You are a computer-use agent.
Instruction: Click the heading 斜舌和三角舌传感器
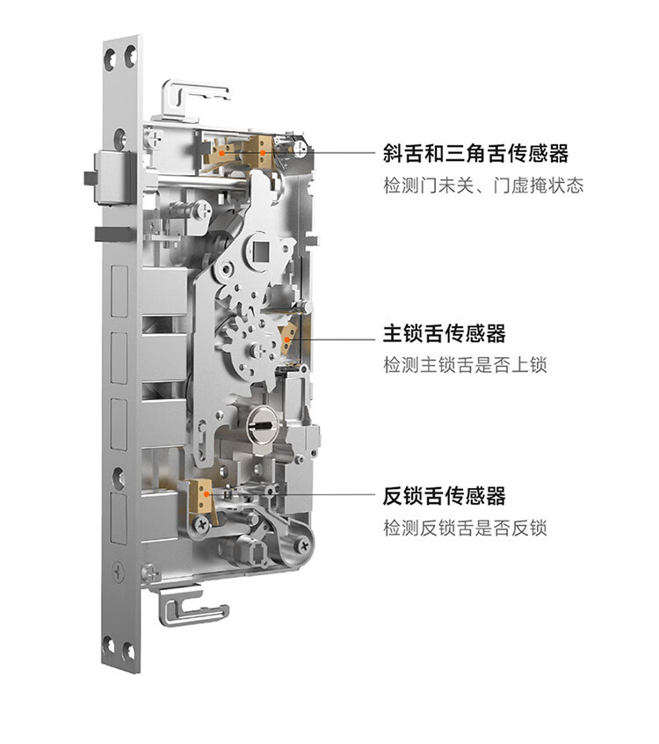pos(475,154)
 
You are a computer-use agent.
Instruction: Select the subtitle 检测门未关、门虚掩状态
pos(483,186)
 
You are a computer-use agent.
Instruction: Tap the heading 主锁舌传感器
pos(445,333)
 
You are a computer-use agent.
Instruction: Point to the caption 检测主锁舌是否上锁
pos(465,365)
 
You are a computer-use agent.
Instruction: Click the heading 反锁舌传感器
pos(445,496)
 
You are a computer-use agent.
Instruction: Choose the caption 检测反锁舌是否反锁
pos(465,529)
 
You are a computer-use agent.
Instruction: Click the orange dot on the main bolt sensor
pos(286,339)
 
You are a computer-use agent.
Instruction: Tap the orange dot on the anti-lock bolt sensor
pos(206,494)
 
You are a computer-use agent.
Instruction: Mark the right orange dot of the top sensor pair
pos(262,153)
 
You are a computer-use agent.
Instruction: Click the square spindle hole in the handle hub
pos(261,250)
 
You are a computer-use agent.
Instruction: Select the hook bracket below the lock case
pos(192,607)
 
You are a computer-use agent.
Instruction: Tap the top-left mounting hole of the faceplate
pos(110,59)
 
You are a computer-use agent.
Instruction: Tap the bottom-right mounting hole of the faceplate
pos(128,652)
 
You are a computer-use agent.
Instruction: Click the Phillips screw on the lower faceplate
pos(118,573)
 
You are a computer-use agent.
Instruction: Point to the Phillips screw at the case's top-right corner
pos(301,147)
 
